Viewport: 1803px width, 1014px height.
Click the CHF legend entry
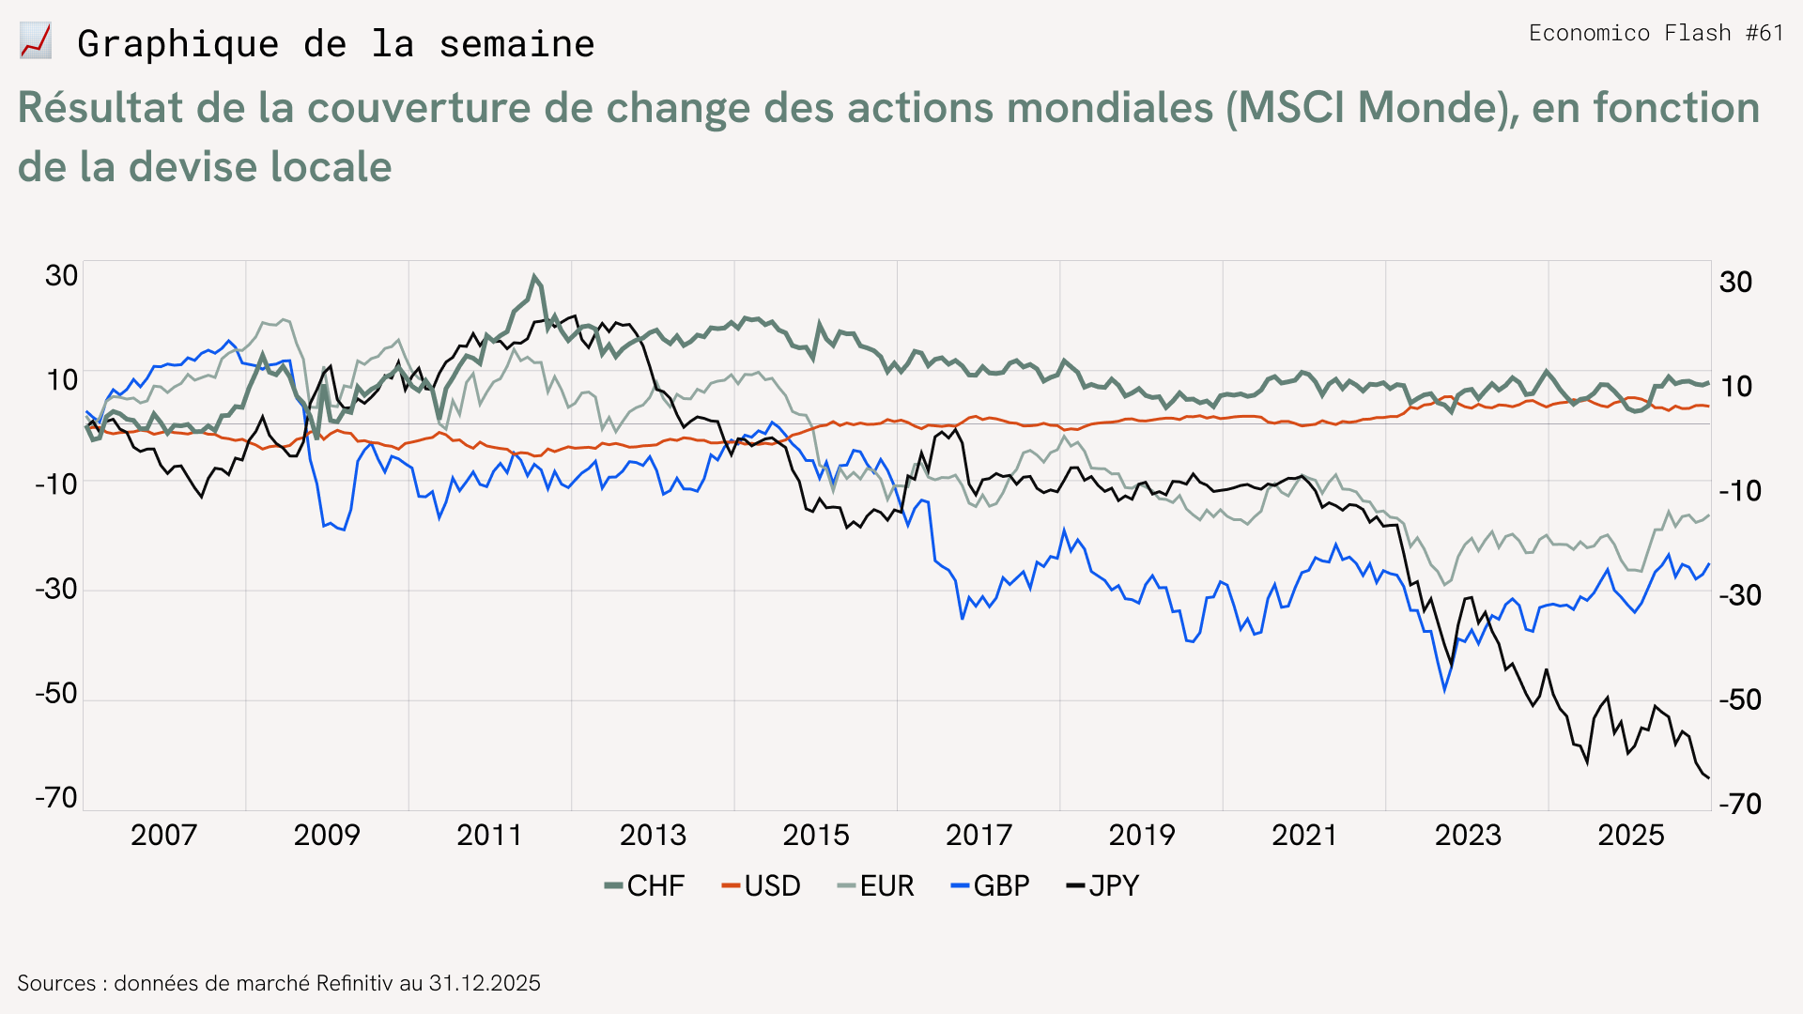pos(644,885)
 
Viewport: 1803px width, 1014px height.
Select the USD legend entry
pos(761,885)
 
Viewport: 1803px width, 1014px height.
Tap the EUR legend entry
pos(875,885)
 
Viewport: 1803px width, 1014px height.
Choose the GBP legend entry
pos(990,885)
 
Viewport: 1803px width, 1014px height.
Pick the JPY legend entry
pos(1102,885)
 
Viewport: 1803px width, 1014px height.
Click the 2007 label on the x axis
pos(163,835)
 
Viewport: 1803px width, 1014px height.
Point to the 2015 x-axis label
pos(816,835)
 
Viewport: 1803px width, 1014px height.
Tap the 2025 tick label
pos(1631,835)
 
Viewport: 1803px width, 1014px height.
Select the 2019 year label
pos(1142,835)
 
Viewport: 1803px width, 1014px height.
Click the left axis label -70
pos(56,798)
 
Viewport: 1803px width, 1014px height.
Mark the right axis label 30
pos(1735,282)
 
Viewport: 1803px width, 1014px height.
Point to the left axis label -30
pos(56,589)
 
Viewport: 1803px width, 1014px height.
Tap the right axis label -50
pos(1740,699)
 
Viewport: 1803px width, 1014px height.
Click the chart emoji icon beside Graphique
pos(36,42)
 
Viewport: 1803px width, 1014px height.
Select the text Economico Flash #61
pos(1657,33)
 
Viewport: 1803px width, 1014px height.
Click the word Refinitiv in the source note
pos(354,983)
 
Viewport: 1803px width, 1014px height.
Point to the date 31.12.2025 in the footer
pos(485,983)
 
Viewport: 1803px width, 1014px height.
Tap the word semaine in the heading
pos(517,44)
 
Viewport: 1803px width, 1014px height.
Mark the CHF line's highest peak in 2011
pos(534,275)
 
